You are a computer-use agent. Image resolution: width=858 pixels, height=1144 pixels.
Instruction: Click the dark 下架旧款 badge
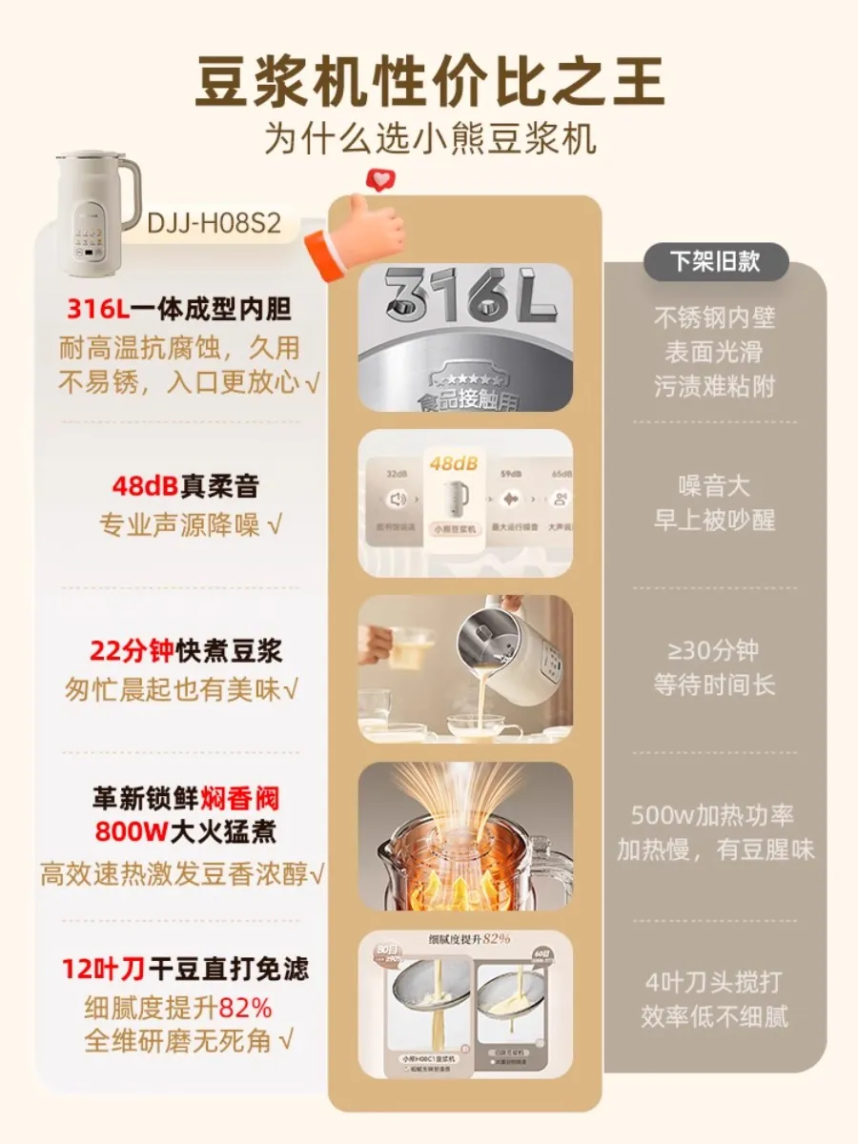(715, 261)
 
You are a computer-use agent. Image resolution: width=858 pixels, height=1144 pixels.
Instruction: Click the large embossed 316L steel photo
(465, 337)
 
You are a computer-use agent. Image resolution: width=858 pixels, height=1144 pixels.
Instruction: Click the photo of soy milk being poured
(465, 669)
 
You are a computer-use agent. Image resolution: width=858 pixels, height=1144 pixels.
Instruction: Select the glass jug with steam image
(465, 835)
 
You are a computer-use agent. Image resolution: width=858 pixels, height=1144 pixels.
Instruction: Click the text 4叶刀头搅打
(714, 981)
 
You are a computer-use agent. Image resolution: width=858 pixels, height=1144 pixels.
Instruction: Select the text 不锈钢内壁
(714, 317)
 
